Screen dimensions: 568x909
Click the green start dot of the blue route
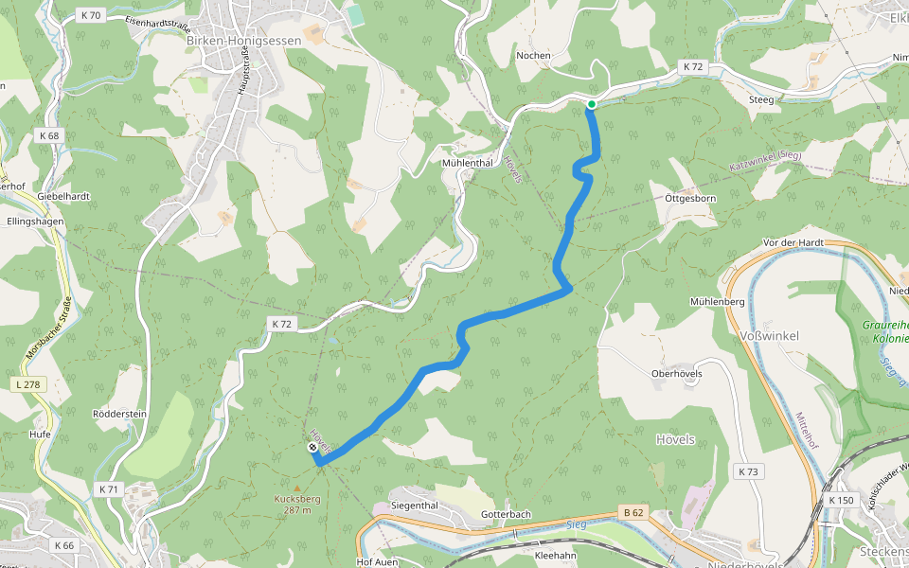point(591,104)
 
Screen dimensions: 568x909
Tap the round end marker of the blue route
point(312,447)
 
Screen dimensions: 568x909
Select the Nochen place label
point(533,55)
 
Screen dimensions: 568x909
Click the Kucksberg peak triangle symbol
point(296,488)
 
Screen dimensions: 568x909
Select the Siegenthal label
point(415,506)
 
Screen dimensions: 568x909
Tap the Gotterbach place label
point(506,514)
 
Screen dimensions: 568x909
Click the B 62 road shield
point(633,513)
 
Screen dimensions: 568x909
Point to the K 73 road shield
point(748,470)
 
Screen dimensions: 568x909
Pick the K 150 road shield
point(840,500)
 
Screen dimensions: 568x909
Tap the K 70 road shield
point(91,15)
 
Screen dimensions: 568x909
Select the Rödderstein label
point(119,414)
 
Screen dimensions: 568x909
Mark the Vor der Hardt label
point(793,243)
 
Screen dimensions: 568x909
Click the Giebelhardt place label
point(63,196)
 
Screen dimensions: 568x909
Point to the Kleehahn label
point(556,556)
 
